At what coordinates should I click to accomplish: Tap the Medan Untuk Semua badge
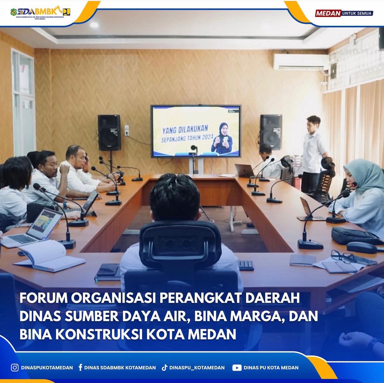(x=344, y=13)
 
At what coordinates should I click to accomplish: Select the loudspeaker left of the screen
(x=109, y=133)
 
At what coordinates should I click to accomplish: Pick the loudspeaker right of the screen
(x=271, y=132)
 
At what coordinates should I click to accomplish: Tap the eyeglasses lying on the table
(x=343, y=257)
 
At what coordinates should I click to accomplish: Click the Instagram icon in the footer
(x=15, y=368)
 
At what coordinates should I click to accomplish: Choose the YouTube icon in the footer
(x=237, y=368)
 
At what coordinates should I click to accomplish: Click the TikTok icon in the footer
(x=164, y=368)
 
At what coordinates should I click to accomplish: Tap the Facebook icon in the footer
(x=80, y=368)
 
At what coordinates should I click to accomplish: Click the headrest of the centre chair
(x=180, y=241)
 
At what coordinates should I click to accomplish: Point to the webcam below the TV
(x=194, y=148)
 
